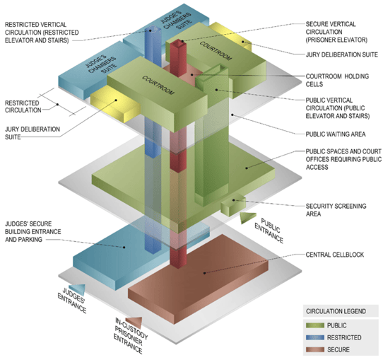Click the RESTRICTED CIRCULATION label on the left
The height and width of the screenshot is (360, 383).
[21, 105]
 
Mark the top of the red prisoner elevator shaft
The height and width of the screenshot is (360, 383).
[176, 45]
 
